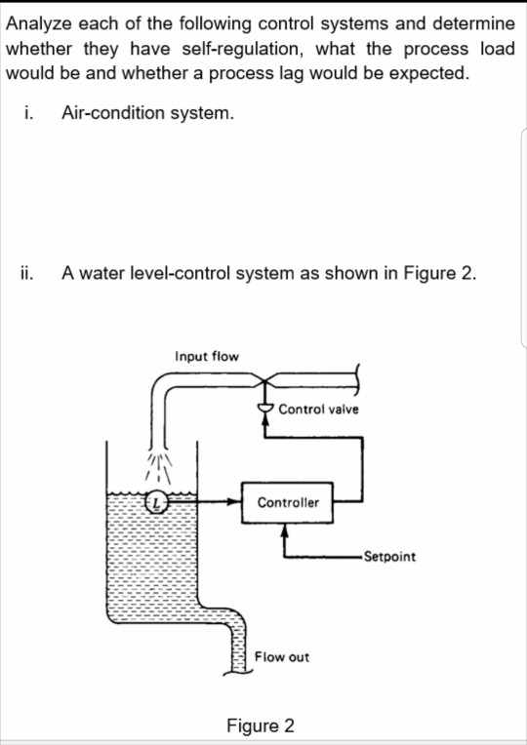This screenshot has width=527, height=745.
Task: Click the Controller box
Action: (288, 502)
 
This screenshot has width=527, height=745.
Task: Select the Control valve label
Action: (318, 410)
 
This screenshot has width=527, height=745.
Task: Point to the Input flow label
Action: (206, 357)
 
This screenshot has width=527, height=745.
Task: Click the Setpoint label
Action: (388, 557)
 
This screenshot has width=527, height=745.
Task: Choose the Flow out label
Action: (282, 657)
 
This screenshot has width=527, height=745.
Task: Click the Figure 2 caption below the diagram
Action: (260, 726)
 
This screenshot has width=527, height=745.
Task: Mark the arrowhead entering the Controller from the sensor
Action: (236, 503)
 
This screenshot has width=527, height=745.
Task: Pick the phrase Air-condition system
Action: (147, 113)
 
